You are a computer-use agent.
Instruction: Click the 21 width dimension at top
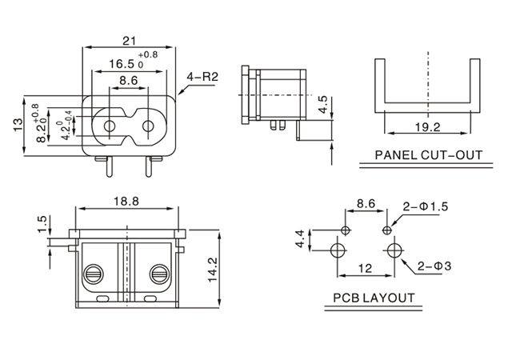128,40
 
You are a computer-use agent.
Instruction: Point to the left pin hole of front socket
107,126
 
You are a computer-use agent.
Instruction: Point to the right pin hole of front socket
149,126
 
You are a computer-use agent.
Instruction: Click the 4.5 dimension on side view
321,103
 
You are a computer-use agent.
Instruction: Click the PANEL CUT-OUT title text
430,154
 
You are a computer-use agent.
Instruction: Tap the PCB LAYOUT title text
374,298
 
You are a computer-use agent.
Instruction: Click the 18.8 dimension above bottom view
125,202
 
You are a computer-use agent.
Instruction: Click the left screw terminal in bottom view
93,273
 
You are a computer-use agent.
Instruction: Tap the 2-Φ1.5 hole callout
426,206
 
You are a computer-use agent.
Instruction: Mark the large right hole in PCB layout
391,250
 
